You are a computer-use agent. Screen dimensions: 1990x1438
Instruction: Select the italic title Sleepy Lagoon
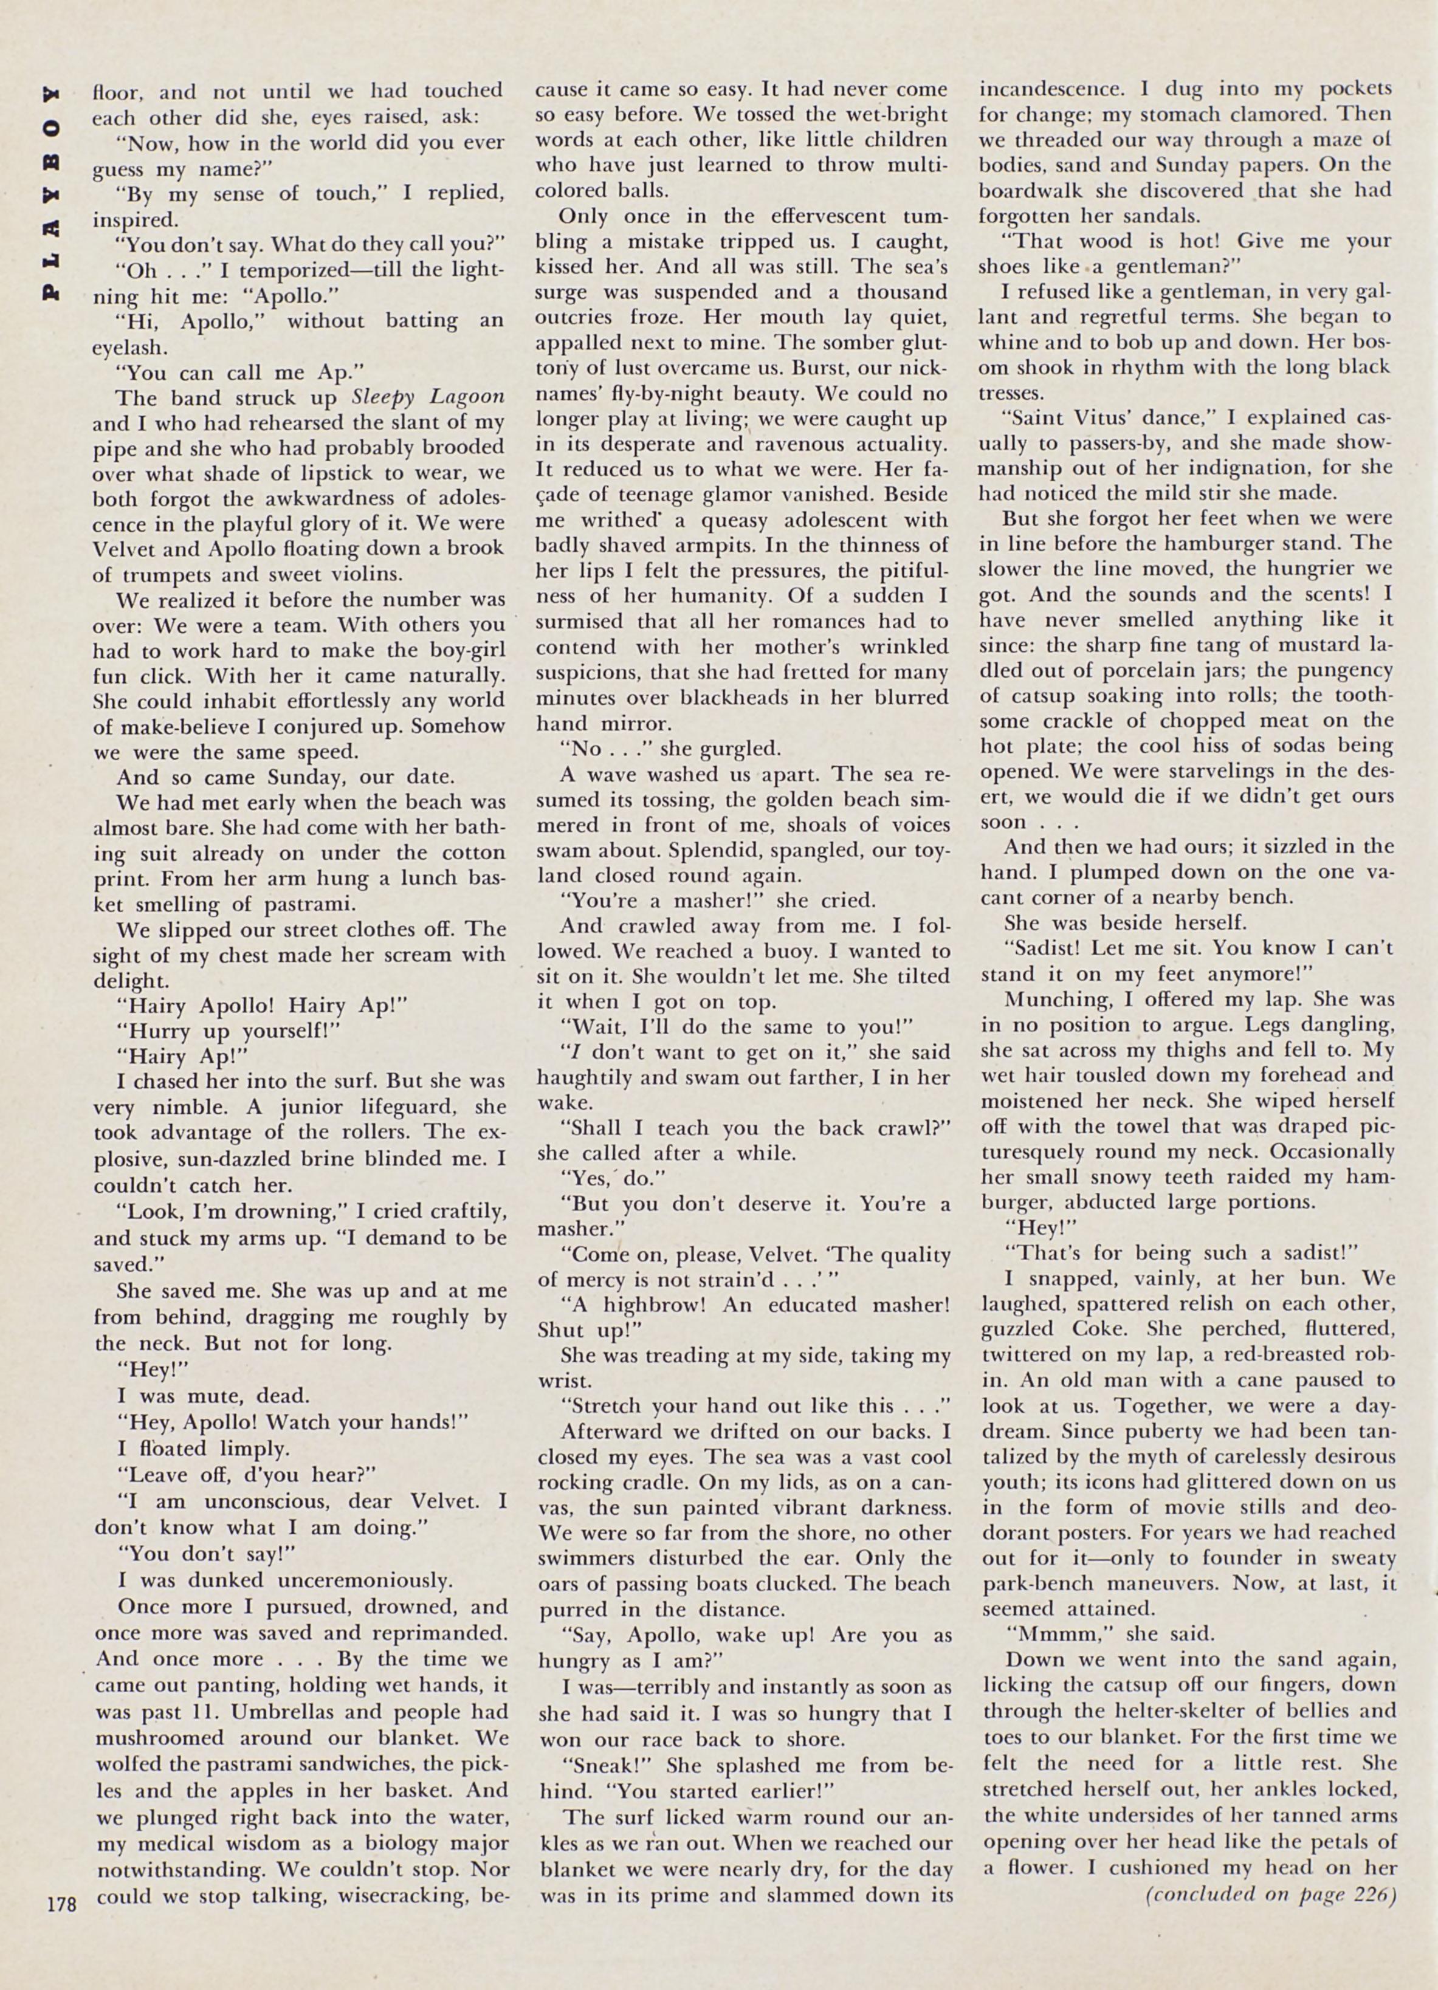428,397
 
